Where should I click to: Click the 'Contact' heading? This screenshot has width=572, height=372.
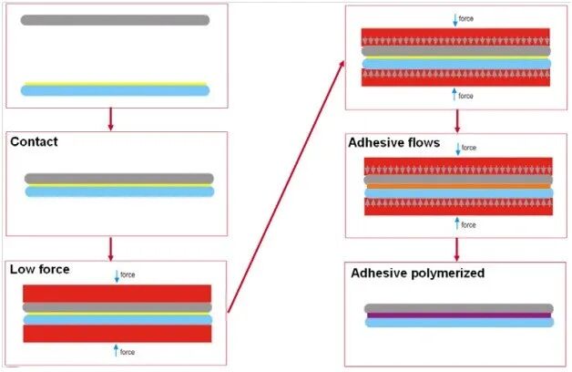click(x=34, y=143)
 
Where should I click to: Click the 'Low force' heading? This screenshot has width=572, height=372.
click(x=39, y=270)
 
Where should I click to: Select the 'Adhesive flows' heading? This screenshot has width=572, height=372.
click(x=393, y=144)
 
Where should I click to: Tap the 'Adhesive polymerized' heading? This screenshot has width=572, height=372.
click(x=418, y=274)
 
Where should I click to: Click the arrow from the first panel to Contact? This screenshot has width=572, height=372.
click(x=110, y=119)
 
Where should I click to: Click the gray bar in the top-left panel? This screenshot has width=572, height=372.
click(x=115, y=20)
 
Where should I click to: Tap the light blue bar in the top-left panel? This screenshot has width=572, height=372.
click(x=115, y=91)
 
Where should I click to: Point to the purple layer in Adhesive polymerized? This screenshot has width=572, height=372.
click(x=458, y=316)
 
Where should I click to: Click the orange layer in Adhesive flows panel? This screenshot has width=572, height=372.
click(x=457, y=186)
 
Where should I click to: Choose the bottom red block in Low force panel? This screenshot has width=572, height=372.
click(x=117, y=334)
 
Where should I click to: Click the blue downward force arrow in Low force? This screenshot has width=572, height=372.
click(x=117, y=275)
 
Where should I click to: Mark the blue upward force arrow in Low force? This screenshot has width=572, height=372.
click(x=117, y=351)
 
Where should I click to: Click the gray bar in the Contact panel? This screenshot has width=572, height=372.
click(x=118, y=179)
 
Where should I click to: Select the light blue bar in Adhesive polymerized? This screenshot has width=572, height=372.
click(x=458, y=323)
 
